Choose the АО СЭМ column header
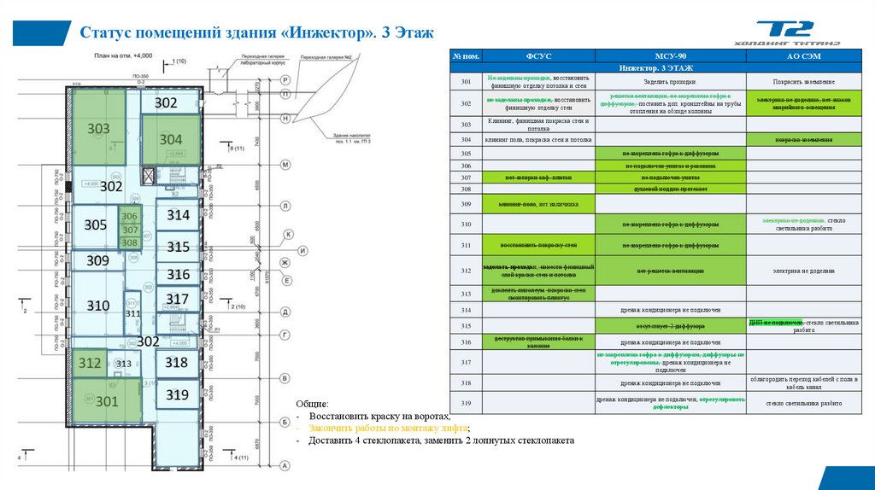803,56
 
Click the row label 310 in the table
466,224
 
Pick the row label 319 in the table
466,404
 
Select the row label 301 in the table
466,81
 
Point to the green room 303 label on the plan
99,130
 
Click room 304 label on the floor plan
171,140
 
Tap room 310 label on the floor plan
98,305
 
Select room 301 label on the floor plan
107,400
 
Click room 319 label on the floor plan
177,395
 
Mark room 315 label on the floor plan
178,247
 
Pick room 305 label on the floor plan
96,225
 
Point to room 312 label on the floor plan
89,364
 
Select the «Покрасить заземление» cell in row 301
802,81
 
